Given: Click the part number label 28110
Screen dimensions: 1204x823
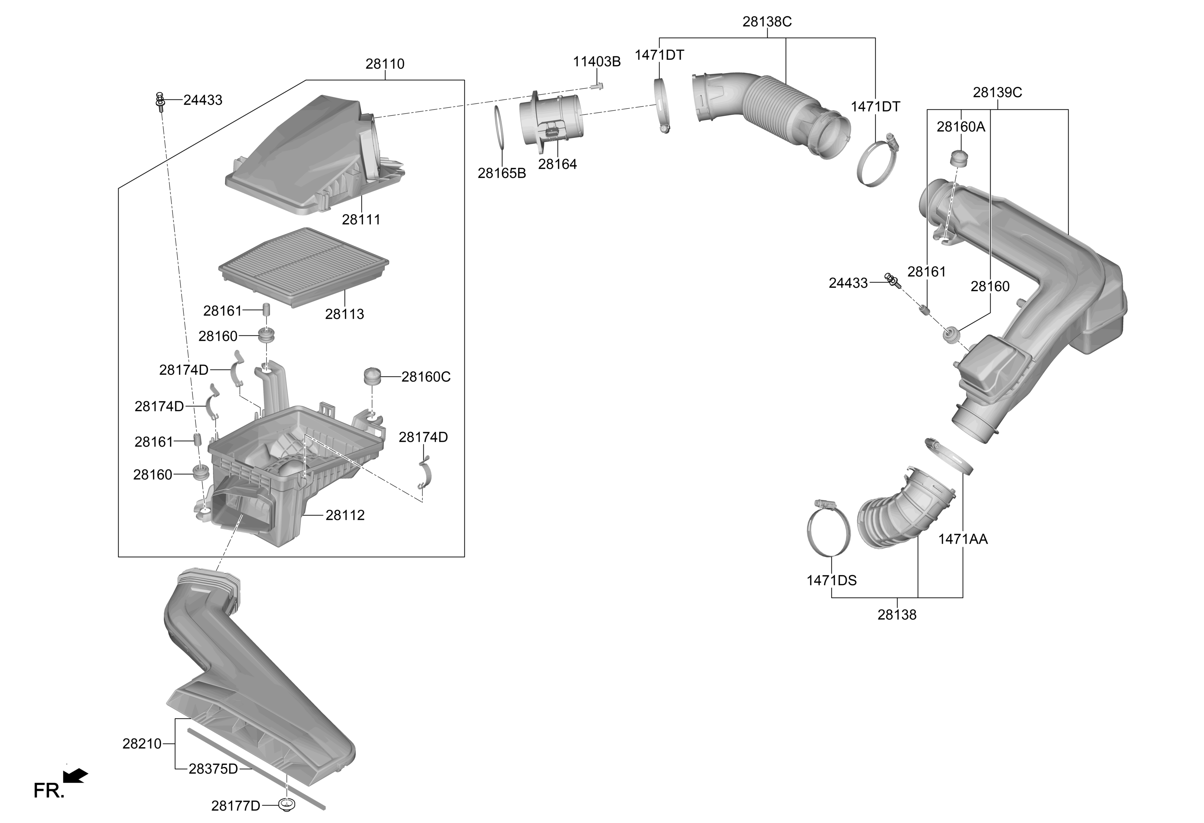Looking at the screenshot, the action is click(385, 64).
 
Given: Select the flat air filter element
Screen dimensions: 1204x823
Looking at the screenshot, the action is click(304, 267).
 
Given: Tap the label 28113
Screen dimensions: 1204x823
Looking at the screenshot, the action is click(345, 314).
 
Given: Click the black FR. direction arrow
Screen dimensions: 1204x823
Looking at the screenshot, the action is click(76, 776).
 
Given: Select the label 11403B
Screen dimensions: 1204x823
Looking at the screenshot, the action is click(597, 62).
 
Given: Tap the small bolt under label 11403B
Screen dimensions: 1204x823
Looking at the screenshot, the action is click(597, 86).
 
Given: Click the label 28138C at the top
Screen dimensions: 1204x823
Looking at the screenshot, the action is click(767, 22).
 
